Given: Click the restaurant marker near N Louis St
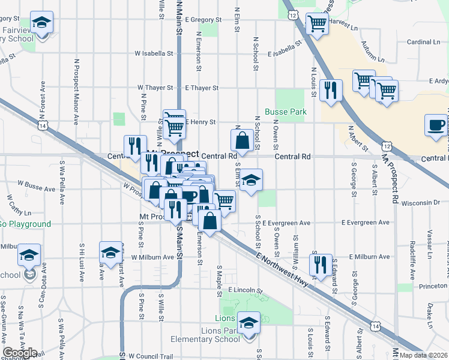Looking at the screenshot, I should [x=331, y=89].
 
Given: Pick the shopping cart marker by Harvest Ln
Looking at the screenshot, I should [x=317, y=23].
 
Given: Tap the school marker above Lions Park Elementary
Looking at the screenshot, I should [x=249, y=322].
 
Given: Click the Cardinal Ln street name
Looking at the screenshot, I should [x=423, y=42].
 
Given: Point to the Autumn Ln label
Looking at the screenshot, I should [x=372, y=51].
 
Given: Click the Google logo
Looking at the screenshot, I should [x=20, y=353].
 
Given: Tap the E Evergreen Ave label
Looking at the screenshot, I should [x=286, y=223].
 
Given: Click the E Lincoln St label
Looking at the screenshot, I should [x=247, y=289].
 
